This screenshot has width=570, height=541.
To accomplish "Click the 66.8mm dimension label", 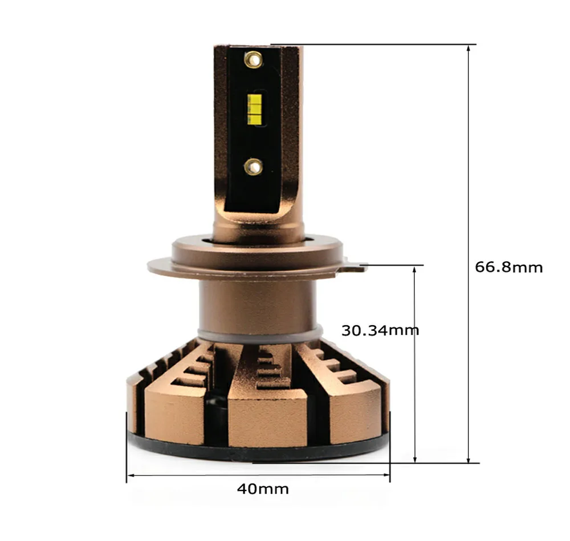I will [509, 267].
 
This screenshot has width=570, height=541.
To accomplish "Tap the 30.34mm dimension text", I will [380, 330].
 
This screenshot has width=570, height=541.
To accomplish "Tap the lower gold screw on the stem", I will [253, 167].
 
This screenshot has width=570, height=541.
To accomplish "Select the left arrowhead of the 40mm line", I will [129, 474].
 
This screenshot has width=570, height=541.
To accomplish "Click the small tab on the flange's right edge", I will [356, 265].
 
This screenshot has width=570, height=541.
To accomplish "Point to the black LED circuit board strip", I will [254, 131].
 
